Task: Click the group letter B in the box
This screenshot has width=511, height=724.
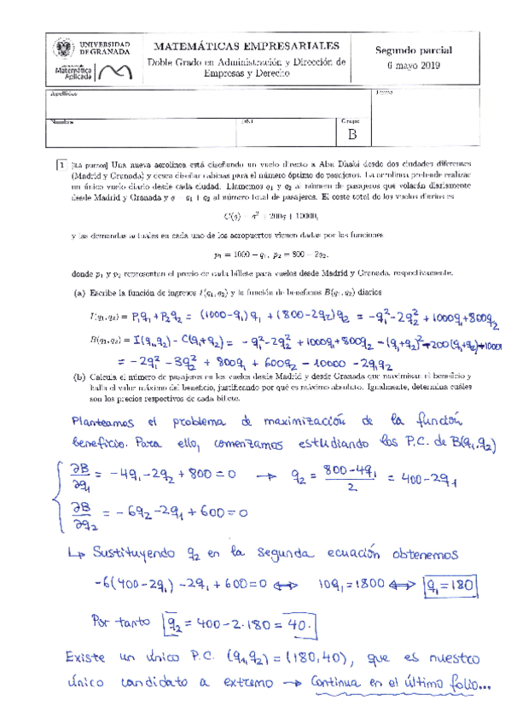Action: (x=351, y=133)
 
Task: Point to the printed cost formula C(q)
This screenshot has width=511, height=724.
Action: (x=257, y=215)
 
